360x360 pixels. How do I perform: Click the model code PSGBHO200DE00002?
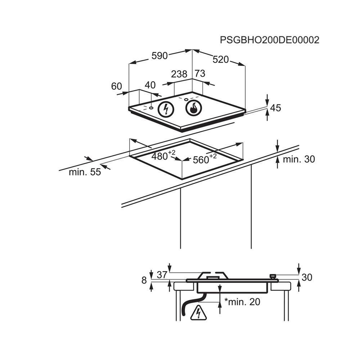269,40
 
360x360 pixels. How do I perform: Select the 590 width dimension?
159,56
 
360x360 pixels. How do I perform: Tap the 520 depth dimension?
221,59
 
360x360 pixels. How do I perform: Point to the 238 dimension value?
179,74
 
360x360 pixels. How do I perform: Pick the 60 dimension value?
117,86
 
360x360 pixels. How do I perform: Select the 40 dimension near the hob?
150,85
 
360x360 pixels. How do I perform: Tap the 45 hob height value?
275,108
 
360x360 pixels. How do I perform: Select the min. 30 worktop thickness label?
298,159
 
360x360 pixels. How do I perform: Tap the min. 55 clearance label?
85,172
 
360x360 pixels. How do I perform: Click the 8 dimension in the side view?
144,280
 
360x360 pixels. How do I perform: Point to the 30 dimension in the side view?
307,278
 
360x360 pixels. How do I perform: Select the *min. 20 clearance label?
242,302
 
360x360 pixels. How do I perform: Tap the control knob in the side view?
273,276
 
